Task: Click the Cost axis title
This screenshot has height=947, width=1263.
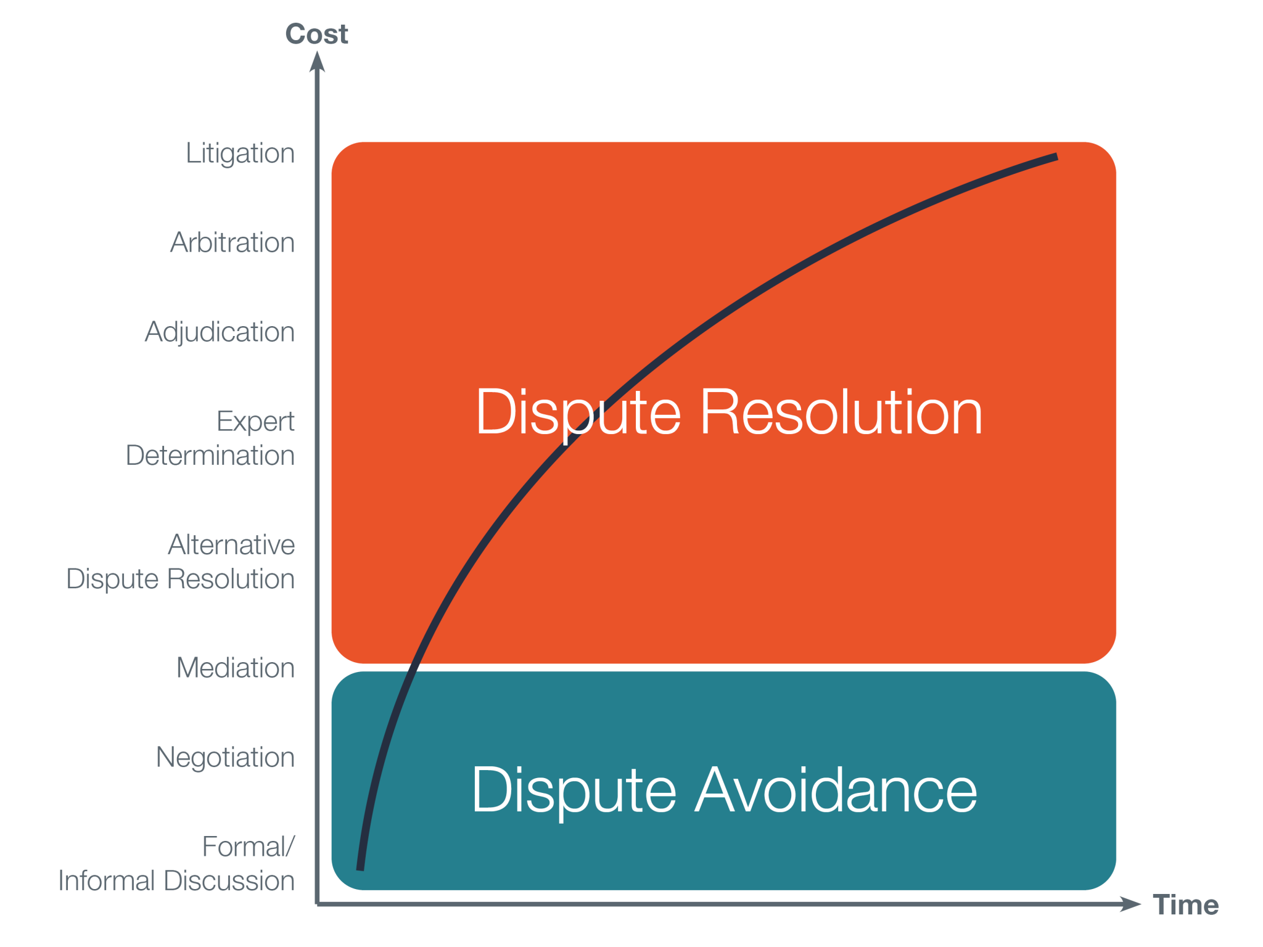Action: point(316,34)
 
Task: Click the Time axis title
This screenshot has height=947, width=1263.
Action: point(1185,905)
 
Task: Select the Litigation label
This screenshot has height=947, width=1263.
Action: point(240,154)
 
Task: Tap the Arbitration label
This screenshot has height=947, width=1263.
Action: point(232,242)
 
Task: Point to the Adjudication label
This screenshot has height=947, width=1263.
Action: point(220,332)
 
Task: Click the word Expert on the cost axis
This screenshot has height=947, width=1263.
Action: point(255,422)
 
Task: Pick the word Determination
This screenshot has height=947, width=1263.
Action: point(210,456)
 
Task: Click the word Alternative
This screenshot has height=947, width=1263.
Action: point(231,545)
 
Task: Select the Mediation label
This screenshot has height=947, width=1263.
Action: point(235,668)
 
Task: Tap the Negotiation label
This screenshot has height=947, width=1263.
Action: point(225,758)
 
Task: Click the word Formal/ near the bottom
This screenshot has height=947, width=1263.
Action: point(249,847)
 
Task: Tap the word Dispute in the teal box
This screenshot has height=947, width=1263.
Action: point(574,790)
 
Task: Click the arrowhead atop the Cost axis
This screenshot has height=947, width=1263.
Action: point(317,62)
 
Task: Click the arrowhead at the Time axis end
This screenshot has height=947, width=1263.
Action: point(1130,904)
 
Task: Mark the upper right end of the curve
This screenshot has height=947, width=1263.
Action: point(1056,157)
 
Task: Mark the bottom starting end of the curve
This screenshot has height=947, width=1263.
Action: point(360,868)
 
